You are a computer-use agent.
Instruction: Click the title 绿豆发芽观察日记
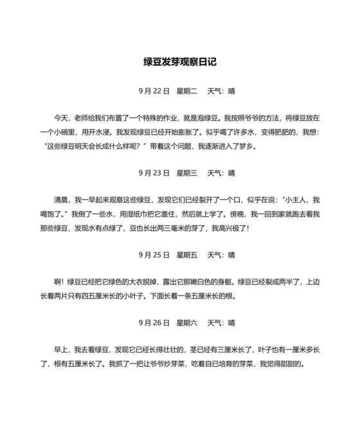click(180, 62)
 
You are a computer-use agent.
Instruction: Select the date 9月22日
click(154, 91)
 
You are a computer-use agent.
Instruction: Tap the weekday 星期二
click(186, 91)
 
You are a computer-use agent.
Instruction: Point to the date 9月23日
click(154, 172)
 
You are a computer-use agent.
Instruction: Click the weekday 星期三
click(186, 172)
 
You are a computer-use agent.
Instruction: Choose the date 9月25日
click(154, 254)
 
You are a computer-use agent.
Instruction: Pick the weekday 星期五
click(186, 254)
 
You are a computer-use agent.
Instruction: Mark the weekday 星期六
click(186, 322)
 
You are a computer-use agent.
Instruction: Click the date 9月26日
click(154, 322)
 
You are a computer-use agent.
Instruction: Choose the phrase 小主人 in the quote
click(299, 200)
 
